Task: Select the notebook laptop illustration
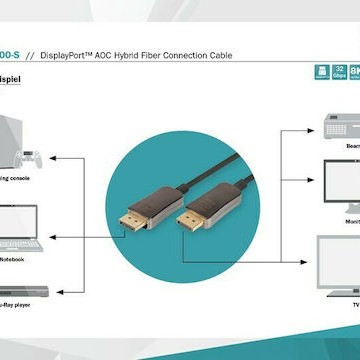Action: coord(20,231)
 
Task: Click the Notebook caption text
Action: coord(12,259)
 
